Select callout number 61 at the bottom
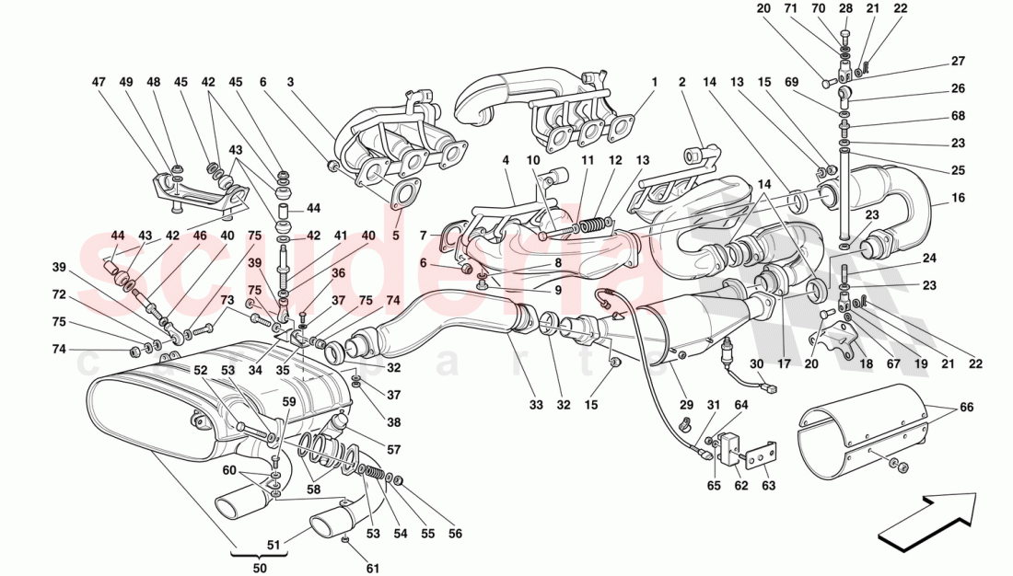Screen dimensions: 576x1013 pos(372,569)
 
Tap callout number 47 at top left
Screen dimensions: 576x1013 pos(99,82)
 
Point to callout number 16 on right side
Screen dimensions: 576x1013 pos(959,198)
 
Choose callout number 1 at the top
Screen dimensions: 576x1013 pos(654,82)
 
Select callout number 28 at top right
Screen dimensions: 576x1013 pos(846,8)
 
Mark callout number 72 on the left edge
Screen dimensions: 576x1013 pos(59,294)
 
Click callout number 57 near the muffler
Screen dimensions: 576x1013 pos(394,451)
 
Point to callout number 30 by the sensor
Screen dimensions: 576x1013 pos(756,364)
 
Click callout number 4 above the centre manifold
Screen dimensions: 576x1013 pos(506,160)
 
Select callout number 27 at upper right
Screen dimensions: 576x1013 pos(959,63)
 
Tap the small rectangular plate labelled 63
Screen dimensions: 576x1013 pos(760,458)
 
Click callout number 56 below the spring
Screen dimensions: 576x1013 pos(455,534)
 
